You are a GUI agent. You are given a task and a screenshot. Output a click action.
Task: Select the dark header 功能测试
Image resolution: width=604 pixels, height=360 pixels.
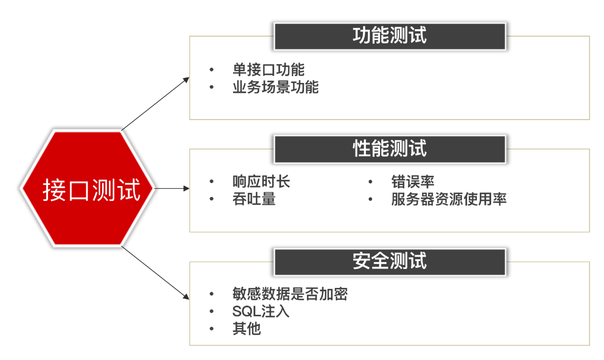tap(389, 36)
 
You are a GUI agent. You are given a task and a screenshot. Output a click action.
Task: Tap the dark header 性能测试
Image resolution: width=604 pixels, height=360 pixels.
tap(389, 149)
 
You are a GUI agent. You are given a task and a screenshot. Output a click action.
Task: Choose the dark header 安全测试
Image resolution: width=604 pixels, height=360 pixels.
tap(389, 262)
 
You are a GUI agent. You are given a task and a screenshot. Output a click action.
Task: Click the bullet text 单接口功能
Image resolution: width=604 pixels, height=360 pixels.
tap(269, 70)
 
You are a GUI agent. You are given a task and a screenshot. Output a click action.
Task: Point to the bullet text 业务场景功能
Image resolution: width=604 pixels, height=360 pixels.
tap(275, 88)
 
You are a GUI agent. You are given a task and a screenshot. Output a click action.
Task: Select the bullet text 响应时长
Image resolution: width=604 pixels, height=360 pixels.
tap(261, 182)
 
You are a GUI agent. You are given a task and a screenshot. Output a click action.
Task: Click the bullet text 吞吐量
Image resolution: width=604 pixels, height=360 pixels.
tap(254, 199)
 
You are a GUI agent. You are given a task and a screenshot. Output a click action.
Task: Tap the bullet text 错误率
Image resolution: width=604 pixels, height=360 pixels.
tap(413, 182)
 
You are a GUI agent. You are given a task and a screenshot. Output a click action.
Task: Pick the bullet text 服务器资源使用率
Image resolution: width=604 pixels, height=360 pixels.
tap(449, 199)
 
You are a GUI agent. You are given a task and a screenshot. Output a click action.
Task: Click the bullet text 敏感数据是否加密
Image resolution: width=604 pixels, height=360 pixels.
tap(290, 294)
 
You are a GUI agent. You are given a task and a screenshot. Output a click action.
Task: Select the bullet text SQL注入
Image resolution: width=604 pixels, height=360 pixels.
tap(260, 312)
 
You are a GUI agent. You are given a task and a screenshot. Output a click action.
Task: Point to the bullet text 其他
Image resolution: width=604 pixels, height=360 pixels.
tap(247, 329)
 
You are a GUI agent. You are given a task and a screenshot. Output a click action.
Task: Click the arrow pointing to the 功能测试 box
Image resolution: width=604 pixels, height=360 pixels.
tap(156, 103)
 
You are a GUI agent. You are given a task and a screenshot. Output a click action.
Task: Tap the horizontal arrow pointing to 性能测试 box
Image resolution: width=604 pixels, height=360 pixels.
tap(171, 188)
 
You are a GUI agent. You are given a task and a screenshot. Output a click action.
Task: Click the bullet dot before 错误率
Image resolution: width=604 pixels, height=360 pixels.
tap(371, 183)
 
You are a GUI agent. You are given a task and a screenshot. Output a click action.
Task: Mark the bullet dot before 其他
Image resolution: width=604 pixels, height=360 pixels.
tap(212, 330)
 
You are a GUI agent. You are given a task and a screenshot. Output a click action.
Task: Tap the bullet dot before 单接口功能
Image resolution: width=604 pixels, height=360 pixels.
tap(212, 70)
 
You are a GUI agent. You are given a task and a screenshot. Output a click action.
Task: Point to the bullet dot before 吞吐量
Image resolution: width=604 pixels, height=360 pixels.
tap(212, 200)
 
